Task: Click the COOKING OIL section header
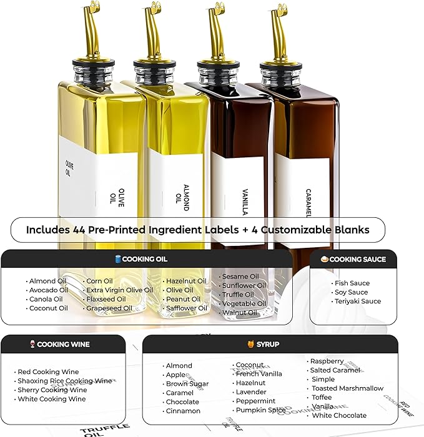tap(145, 259)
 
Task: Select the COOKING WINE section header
tap(63, 344)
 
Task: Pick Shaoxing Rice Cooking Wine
tap(65, 381)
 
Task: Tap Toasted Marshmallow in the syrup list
tap(348, 388)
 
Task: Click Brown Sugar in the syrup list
tap(187, 384)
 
